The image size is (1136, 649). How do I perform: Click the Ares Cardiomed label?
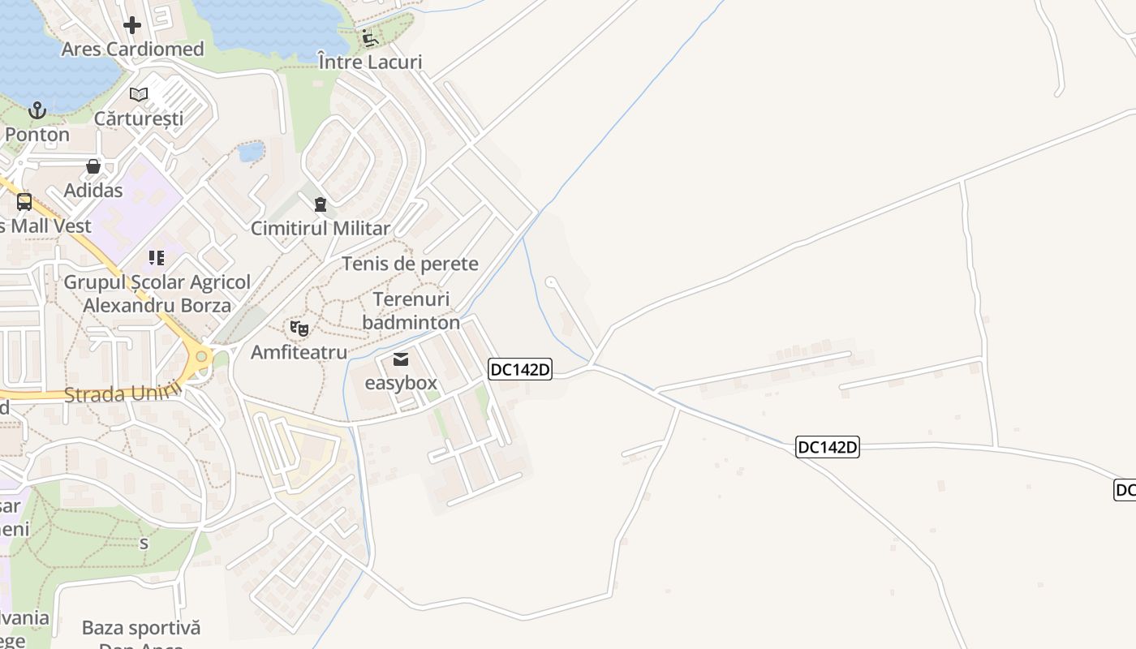pyautogui.click(x=133, y=49)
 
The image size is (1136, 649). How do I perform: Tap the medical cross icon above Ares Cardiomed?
pyautogui.click(x=132, y=25)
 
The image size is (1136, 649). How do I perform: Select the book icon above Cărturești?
pyautogui.click(x=139, y=94)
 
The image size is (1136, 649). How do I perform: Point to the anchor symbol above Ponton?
pyautogui.click(x=37, y=110)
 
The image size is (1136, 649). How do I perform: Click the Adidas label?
pyautogui.click(x=93, y=191)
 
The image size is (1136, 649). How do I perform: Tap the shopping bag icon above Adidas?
pyautogui.click(x=93, y=167)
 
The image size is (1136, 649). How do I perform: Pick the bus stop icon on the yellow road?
pyautogui.click(x=24, y=202)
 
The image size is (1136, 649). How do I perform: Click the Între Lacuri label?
pyautogui.click(x=370, y=62)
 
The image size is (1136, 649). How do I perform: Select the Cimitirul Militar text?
pyautogui.click(x=321, y=229)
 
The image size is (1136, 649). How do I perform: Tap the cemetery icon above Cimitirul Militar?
pyautogui.click(x=321, y=204)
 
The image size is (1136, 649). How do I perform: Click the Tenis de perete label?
pyautogui.click(x=410, y=264)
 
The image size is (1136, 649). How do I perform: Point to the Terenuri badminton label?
pyautogui.click(x=411, y=311)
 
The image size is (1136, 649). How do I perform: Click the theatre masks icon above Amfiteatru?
pyautogui.click(x=299, y=329)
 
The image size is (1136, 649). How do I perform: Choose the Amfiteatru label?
pyautogui.click(x=299, y=352)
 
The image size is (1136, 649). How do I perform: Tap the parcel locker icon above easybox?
pyautogui.click(x=401, y=359)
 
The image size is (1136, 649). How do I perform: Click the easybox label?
pyautogui.click(x=401, y=383)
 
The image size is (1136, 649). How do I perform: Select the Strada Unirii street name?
pyautogui.click(x=122, y=394)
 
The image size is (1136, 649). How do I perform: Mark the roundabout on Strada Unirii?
pyautogui.click(x=200, y=356)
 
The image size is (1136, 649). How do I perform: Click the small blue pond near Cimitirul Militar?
pyautogui.click(x=252, y=151)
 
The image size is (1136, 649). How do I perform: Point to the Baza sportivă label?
pyautogui.click(x=141, y=628)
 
